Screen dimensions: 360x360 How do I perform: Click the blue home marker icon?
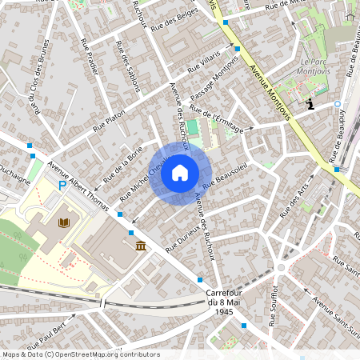click(180, 173)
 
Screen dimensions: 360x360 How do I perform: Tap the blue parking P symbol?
click(62, 186)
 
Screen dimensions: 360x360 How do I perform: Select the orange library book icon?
click(64, 222)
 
